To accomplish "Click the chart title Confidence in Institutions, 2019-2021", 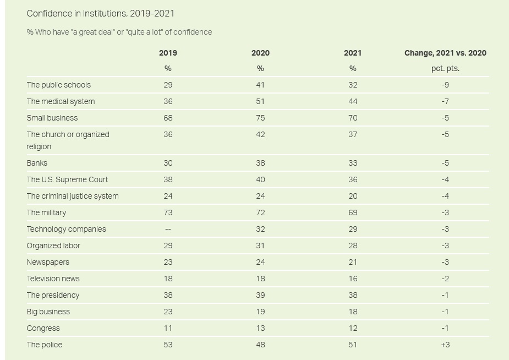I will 101,13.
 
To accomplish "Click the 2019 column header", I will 168,53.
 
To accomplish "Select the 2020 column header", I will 260,53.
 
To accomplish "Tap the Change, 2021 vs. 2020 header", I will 445,53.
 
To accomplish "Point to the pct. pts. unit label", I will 445,68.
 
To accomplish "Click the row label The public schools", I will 59,85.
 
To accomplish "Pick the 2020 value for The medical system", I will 260,101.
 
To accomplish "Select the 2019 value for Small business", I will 168,118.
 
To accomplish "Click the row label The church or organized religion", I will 68,140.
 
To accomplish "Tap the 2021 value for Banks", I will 353,163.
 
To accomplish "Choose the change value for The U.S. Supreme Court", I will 445,179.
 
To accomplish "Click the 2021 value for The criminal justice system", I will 353,196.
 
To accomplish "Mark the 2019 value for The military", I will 168,212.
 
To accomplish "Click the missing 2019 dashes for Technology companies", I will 168,229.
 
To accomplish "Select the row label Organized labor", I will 53,246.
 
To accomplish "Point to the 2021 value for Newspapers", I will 353,262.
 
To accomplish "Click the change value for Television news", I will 445,279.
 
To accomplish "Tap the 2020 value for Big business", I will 260,312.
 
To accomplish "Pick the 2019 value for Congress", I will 168,328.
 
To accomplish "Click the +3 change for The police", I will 445,345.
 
